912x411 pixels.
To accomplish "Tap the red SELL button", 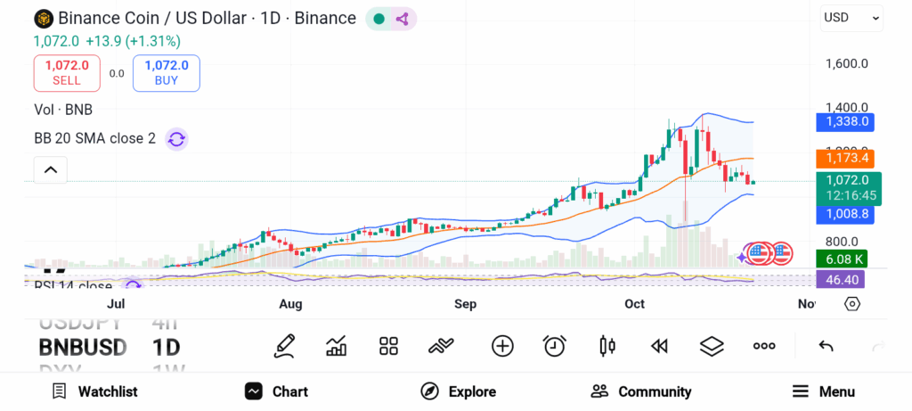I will [x=67, y=73].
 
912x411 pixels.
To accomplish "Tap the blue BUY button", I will [x=167, y=73].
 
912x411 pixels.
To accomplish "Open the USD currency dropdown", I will [x=851, y=17].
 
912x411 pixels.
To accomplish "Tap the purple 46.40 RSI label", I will [x=842, y=280].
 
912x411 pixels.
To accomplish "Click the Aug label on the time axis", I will [x=290, y=304].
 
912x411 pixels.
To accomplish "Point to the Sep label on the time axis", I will [x=465, y=304].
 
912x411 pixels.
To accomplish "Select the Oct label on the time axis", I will [x=634, y=304].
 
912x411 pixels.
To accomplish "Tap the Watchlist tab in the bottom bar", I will [x=94, y=391].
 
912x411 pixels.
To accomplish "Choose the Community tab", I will [x=641, y=391].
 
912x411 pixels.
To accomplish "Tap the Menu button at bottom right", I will [x=824, y=391].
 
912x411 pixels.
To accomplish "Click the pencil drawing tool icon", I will [x=284, y=346].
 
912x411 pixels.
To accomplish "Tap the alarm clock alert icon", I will [x=555, y=346].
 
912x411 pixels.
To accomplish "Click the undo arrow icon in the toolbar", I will [x=826, y=346].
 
